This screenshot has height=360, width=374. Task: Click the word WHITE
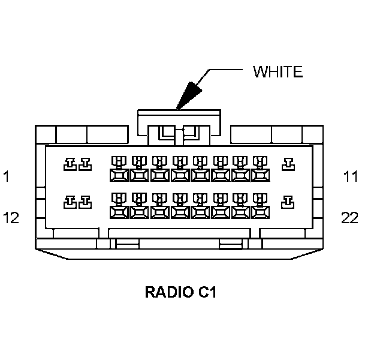[278, 72]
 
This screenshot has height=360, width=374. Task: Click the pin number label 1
[6, 176]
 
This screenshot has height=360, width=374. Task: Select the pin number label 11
[350, 176]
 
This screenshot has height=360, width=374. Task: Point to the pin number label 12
[11, 217]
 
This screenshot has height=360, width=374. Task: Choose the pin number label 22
[350, 217]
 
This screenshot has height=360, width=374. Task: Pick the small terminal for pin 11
[289, 163]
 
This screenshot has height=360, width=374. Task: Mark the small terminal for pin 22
[289, 201]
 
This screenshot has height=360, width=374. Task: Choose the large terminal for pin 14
[118, 207]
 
